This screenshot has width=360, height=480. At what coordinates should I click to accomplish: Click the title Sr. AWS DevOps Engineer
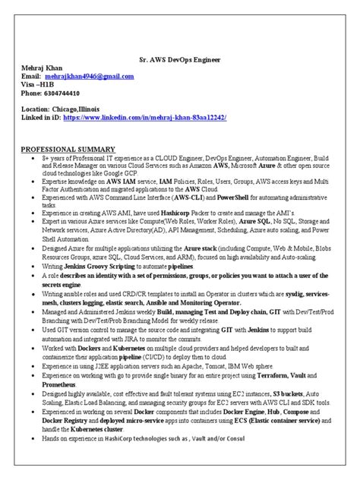(179, 57)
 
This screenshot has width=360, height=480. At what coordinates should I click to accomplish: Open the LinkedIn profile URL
(145, 118)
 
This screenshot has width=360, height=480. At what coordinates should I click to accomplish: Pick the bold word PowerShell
(237, 196)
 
